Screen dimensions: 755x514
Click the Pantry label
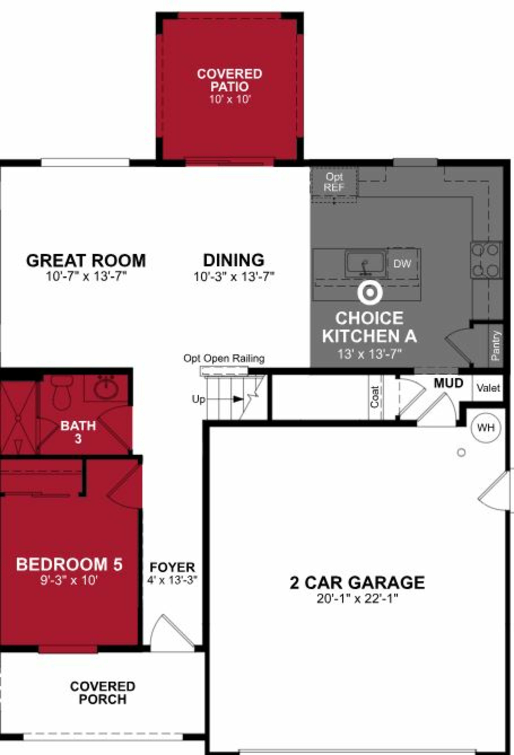(496, 345)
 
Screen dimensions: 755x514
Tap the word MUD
(448, 383)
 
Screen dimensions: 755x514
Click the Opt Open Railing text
(224, 359)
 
